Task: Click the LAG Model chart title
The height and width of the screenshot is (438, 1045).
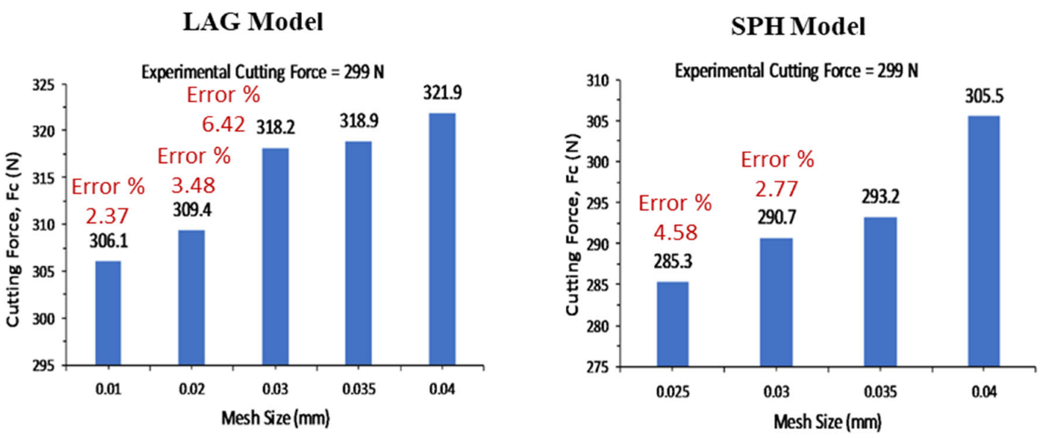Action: [254, 22]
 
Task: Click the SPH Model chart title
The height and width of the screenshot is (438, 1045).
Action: [798, 26]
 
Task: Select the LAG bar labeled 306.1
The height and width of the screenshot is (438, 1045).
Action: [108, 313]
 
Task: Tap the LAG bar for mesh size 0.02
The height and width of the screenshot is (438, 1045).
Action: [191, 298]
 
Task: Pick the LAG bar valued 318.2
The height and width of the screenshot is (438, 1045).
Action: [276, 256]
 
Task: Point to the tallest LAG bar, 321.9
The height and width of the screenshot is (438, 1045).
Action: [442, 240]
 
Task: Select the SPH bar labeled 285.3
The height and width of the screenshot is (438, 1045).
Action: [672, 324]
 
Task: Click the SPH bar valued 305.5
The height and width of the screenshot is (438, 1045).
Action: [984, 241]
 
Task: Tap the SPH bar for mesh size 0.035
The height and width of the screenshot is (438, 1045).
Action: [880, 292]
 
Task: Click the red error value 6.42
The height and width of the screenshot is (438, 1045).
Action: [223, 124]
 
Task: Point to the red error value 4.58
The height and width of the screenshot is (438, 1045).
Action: [675, 232]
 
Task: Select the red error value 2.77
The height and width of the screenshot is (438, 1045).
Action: [777, 190]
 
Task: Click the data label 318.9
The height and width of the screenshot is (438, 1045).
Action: [359, 121]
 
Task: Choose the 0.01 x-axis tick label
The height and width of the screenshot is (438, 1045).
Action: [108, 389]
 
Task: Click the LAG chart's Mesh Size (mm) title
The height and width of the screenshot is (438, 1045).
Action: [276, 418]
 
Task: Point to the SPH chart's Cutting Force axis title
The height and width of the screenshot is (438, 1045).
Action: [572, 224]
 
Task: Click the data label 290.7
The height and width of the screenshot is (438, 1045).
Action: [777, 218]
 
